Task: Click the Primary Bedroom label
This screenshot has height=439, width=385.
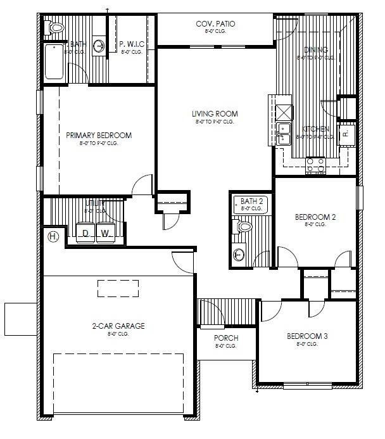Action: (99, 136)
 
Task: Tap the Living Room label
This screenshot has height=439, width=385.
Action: (215, 115)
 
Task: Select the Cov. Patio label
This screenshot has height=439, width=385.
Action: (216, 24)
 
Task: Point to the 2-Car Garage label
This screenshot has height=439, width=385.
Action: (118, 326)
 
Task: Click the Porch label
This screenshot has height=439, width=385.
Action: (225, 338)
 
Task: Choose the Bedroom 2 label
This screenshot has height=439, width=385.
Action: (315, 217)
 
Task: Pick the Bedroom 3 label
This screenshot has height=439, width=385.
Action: (306, 336)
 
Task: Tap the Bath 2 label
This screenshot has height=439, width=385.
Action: (251, 201)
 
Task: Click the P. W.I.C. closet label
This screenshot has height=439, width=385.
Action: (132, 44)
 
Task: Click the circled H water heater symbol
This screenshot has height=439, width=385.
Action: (53, 236)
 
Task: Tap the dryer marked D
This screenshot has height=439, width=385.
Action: (85, 233)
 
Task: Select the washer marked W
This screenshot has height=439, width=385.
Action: (106, 233)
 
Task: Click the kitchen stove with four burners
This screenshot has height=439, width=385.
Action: (315, 165)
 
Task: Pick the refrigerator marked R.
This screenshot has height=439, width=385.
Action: (346, 134)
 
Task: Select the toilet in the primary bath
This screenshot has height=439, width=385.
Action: (56, 27)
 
